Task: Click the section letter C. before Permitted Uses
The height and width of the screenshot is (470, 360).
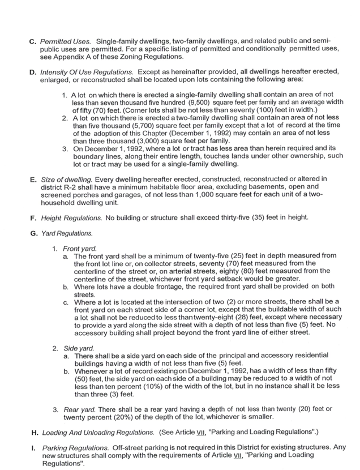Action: click(33, 41)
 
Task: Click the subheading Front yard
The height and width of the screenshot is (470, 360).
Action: click(80, 248)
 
